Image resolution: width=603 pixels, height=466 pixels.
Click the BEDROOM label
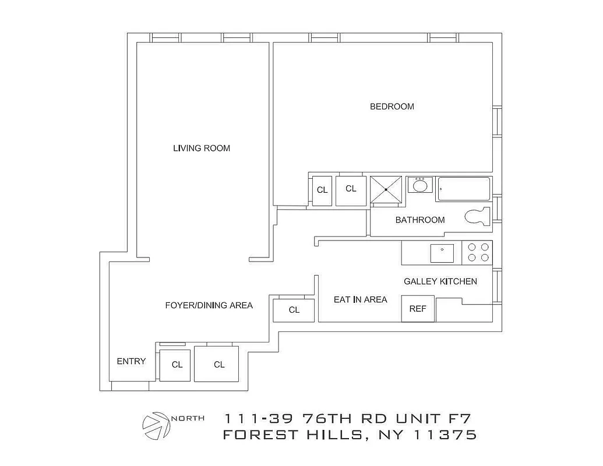(x=392, y=107)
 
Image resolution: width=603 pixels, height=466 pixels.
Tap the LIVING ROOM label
(x=202, y=149)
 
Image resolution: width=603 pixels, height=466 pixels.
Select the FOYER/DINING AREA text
(x=209, y=305)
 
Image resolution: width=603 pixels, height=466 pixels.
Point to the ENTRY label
(x=131, y=361)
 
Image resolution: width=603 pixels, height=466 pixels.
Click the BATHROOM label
(x=420, y=220)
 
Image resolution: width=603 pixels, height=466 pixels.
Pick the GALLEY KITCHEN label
(x=440, y=282)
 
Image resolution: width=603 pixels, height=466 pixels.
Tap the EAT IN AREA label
(x=360, y=299)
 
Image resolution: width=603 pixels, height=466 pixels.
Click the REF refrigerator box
(x=418, y=309)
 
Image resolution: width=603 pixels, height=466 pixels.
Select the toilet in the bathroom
(x=479, y=217)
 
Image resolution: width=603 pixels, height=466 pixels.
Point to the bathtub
(x=464, y=189)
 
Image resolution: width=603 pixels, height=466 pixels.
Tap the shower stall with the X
(x=386, y=190)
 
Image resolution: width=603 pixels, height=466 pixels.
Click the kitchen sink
(x=442, y=253)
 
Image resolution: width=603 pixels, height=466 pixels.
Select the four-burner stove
(x=478, y=252)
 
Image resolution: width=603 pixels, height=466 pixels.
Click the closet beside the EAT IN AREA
(x=294, y=310)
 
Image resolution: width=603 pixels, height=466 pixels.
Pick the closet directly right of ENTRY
(x=175, y=365)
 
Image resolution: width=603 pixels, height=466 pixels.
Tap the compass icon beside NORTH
(x=156, y=425)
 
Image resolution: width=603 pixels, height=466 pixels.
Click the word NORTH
(x=188, y=418)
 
